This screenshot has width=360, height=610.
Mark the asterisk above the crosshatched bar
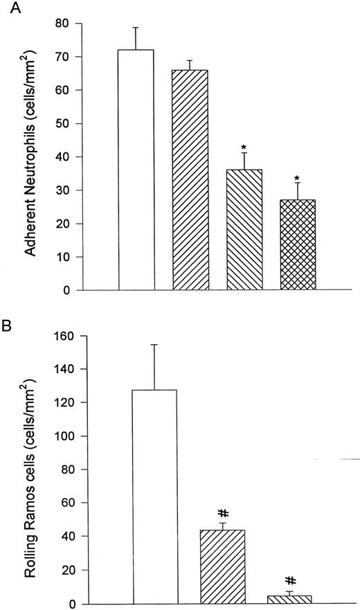[x=298, y=169]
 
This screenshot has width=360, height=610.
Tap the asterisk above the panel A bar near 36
[x=244, y=147]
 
